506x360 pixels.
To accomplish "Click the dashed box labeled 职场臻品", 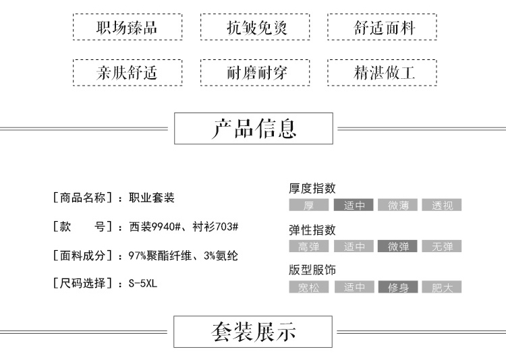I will (127, 28).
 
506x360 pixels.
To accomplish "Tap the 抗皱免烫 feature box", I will (254, 28).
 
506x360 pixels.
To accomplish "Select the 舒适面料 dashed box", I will (382, 28).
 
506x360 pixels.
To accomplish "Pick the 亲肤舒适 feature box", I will (127, 73).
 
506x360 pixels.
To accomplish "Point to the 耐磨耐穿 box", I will (254, 73).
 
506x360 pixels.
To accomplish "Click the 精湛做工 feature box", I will (382, 73).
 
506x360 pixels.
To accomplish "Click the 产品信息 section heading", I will (254, 128).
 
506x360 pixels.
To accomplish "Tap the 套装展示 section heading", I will (254, 332).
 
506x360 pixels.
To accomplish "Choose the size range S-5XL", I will (142, 284).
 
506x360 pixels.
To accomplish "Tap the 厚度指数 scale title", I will (312, 189).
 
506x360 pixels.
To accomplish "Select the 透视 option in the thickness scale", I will (442, 206).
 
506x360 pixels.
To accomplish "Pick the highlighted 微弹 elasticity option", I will (398, 247).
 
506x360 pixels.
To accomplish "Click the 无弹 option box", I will (442, 247).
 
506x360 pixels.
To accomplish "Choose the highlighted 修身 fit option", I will (398, 288).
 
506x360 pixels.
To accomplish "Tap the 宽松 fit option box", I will (309, 288).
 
